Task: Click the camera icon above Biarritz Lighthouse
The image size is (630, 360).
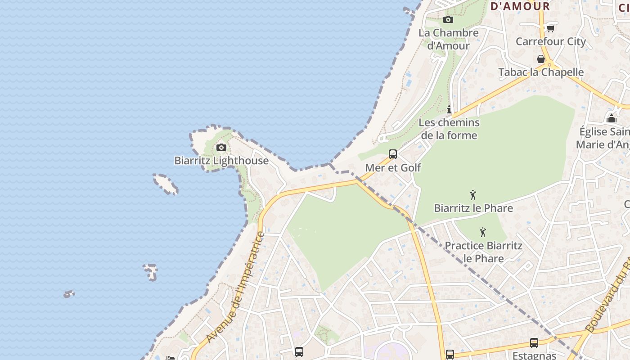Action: pyautogui.click(x=221, y=147)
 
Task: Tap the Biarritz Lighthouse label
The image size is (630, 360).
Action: pyautogui.click(x=221, y=161)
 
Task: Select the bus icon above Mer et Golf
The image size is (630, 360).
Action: pyautogui.click(x=393, y=154)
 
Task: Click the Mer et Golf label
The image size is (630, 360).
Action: pyautogui.click(x=393, y=168)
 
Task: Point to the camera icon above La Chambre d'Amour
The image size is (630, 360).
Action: pyautogui.click(x=448, y=19)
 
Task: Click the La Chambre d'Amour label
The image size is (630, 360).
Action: pyautogui.click(x=448, y=39)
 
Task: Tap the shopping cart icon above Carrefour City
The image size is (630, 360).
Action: pyautogui.click(x=550, y=28)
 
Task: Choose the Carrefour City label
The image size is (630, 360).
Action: pyautogui.click(x=550, y=41)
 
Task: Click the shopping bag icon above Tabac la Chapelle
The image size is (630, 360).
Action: pyautogui.click(x=541, y=59)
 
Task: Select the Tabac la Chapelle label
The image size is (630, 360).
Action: pyautogui.click(x=541, y=72)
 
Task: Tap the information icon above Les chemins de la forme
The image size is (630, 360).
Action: pyautogui.click(x=449, y=109)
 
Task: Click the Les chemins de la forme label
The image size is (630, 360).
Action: pyautogui.click(x=449, y=129)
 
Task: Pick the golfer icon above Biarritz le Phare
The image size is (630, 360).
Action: pyautogui.click(x=473, y=195)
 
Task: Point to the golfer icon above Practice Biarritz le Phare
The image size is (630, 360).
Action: pyautogui.click(x=483, y=232)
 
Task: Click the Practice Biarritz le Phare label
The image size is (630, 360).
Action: pyautogui.click(x=483, y=252)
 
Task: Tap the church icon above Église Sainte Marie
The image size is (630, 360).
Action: pyautogui.click(x=611, y=118)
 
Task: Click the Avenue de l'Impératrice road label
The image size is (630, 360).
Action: pyautogui.click(x=235, y=288)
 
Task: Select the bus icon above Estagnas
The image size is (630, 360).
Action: pyautogui.click(x=534, y=342)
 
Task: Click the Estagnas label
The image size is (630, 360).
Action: pyautogui.click(x=534, y=355)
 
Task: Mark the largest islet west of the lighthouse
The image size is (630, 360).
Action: pyautogui.click(x=165, y=184)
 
